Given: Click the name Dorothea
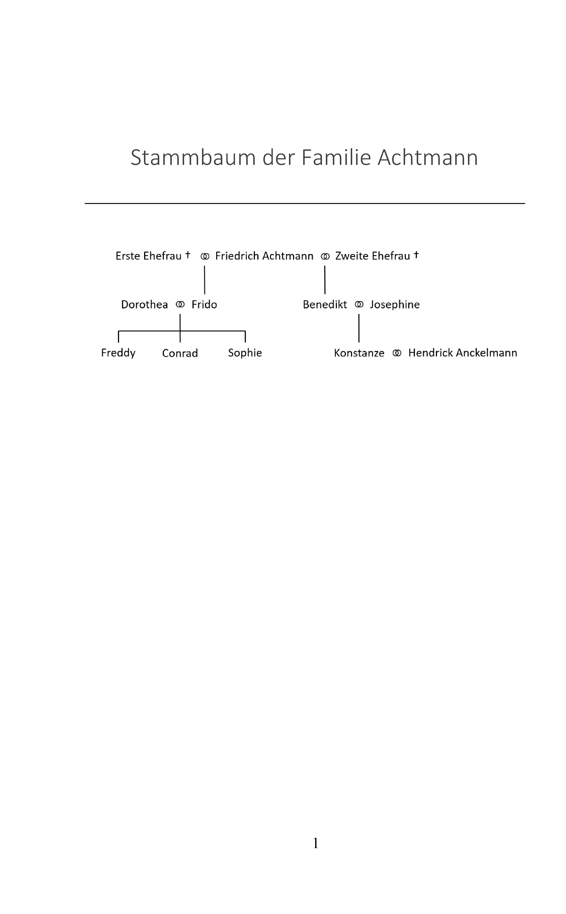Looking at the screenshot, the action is click(x=144, y=305).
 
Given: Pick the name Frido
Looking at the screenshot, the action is click(x=204, y=305).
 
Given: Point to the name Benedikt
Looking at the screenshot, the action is click(x=325, y=305).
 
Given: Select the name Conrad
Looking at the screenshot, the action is click(x=180, y=353).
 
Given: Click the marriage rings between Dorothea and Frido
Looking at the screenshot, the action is click(x=180, y=305).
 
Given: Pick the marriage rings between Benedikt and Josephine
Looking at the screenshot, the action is click(x=359, y=305).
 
